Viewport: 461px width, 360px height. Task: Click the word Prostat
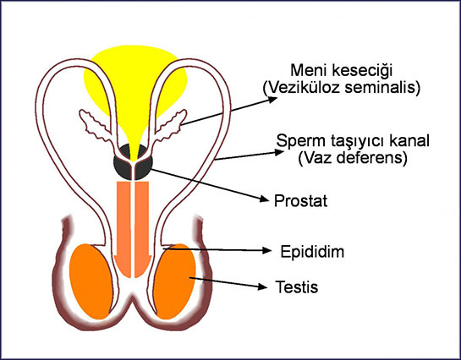[300, 201]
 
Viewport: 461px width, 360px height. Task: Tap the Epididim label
[312, 252]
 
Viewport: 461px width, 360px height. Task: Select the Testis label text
[297, 286]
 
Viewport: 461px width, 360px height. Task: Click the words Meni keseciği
[342, 71]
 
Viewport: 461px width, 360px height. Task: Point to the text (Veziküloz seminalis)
[342, 88]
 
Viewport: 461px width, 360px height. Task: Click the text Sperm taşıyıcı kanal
[353, 141]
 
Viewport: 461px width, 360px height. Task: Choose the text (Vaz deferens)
[353, 158]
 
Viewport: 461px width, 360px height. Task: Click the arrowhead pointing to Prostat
[264, 199]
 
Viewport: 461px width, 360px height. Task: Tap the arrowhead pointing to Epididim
[266, 250]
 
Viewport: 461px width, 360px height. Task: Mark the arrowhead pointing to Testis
[262, 286]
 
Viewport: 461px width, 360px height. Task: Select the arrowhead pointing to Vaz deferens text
[278, 152]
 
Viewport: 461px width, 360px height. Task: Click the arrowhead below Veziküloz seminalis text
[272, 100]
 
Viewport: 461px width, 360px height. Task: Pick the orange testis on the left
[91, 281]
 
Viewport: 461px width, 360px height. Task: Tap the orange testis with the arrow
[174, 281]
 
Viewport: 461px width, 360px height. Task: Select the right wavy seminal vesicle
[170, 126]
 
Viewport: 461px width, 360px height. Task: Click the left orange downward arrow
[123, 229]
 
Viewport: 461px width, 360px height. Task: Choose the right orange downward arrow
[143, 229]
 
